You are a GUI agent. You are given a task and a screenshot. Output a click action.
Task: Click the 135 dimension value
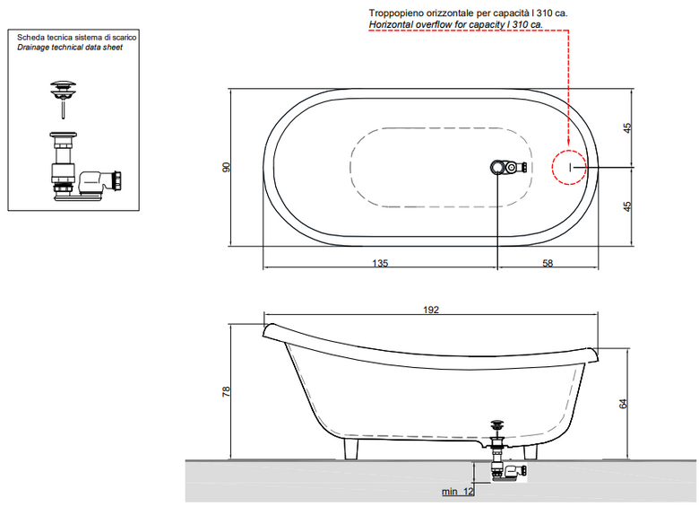pos(380,263)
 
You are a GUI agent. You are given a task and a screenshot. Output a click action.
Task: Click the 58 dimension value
pos(548,263)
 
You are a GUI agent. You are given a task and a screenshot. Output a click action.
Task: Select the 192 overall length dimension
pos(431,310)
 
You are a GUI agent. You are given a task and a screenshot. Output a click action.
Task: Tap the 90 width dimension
pos(227,168)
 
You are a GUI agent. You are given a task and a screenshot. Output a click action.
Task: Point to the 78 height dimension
pos(227,391)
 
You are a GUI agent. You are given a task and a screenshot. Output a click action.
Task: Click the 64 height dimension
pos(623,404)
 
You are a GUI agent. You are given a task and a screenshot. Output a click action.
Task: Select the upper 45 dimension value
pos(627,128)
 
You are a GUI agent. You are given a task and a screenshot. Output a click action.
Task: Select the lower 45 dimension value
pos(627,206)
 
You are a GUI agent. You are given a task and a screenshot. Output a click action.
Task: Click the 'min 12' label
pos(457,492)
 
